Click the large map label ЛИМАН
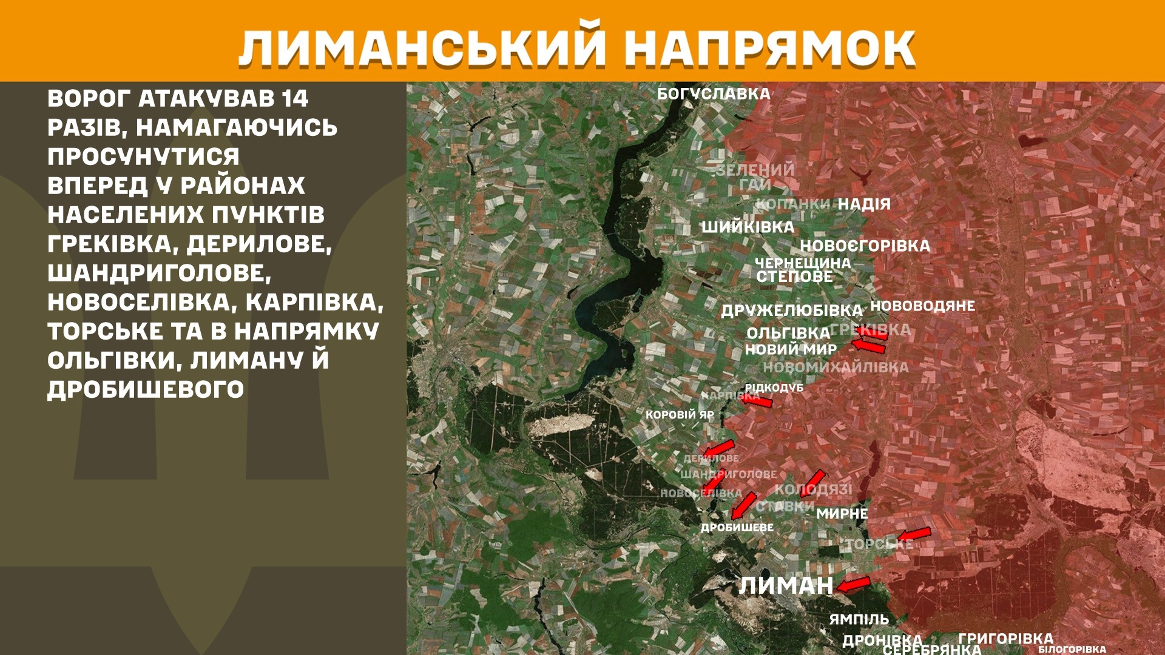(786, 586)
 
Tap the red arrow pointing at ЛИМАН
(854, 585)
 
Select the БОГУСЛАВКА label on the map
(714, 94)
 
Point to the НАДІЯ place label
(864, 204)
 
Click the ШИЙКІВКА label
(748, 227)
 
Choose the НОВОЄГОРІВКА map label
(865, 246)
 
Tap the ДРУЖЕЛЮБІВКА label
(791, 311)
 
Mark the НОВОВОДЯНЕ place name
(922, 306)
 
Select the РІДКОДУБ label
(774, 388)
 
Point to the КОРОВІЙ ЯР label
(680, 415)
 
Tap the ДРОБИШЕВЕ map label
(737, 528)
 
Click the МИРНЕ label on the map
(842, 514)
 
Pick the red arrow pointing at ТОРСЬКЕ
(914, 534)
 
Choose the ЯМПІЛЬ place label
(859, 620)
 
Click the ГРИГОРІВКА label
(1005, 639)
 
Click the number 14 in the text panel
(295, 98)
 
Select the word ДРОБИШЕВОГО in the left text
(146, 389)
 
